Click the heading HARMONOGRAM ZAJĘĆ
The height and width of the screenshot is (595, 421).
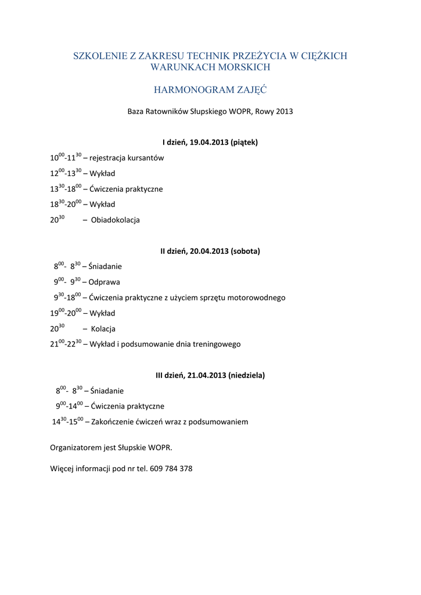point(210,90)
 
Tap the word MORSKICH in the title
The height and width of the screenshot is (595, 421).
point(240,67)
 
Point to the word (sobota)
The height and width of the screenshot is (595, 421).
point(246,251)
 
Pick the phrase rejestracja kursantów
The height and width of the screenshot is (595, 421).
point(127,158)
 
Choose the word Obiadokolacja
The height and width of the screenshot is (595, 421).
point(116,220)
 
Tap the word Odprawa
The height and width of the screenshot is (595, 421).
point(105,282)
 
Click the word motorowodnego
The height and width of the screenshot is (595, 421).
point(256,297)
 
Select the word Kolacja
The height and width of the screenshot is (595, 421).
point(103,329)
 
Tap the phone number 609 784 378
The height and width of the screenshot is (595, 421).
point(171,468)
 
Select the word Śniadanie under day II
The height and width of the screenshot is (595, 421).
point(106,267)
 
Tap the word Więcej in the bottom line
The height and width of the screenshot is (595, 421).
point(62,468)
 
